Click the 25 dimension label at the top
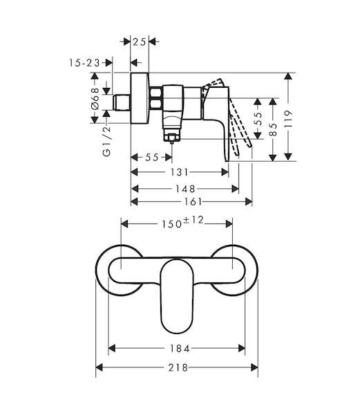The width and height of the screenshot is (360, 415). coord(140,41)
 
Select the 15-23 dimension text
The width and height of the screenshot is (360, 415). coord(84,63)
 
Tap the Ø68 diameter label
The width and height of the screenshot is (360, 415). coord(95,99)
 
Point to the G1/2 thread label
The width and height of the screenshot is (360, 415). coord(107,141)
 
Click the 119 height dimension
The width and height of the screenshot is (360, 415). coord(288,119)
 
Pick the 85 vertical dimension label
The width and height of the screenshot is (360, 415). coord(273,129)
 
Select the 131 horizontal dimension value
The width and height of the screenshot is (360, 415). coord(179,172)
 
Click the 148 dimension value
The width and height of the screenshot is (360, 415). coord(185,189)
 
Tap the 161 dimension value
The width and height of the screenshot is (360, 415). coord(193,202)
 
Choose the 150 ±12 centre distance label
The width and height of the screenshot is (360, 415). coord(182,222)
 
